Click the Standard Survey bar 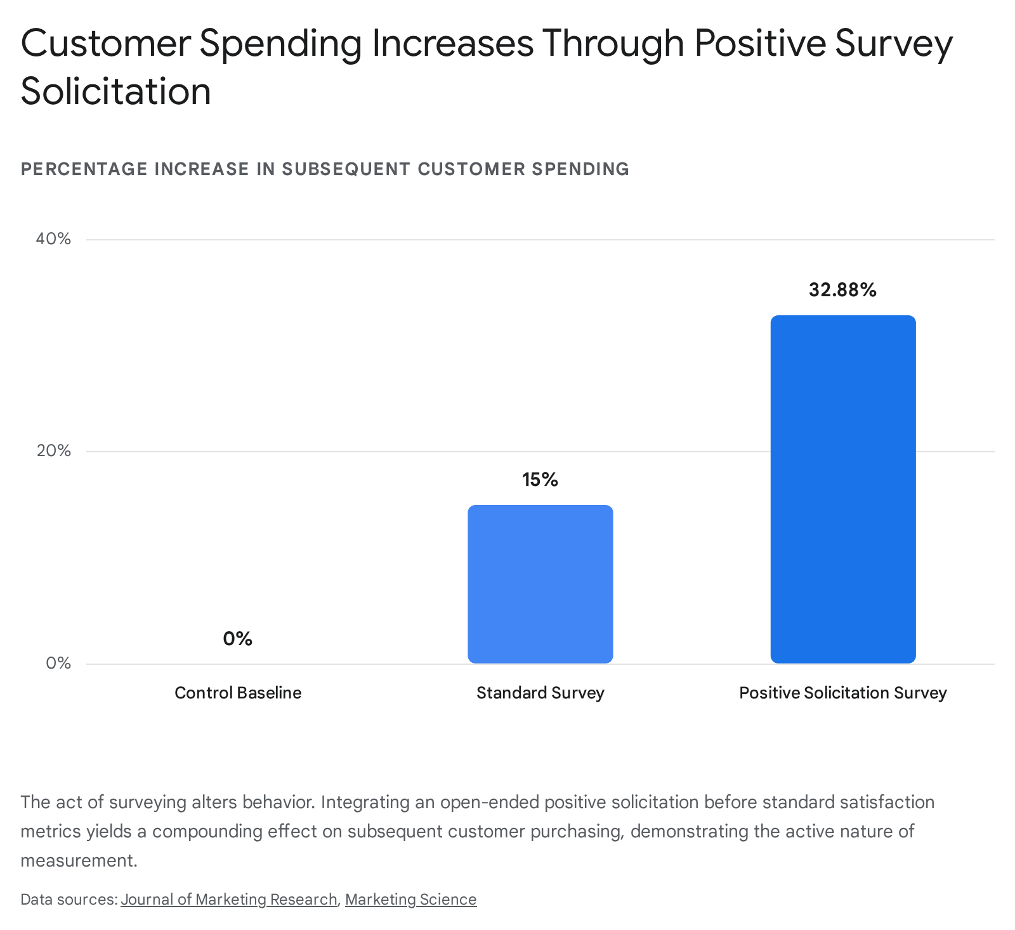coord(540,584)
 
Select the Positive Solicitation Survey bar coord(843,489)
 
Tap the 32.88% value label coord(842,290)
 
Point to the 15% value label coord(540,480)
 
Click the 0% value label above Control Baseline coord(238,638)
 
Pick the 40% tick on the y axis coord(53,239)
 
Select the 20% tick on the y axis coord(53,451)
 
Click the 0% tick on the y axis coord(58,663)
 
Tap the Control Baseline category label coord(238,693)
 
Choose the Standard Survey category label coord(540,693)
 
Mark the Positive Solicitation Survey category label coord(843,693)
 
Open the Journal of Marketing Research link coord(229,900)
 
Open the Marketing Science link coord(411,900)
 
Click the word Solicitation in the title coord(116,91)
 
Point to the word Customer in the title coord(106,43)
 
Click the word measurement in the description coord(79,861)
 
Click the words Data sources coord(69,900)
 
